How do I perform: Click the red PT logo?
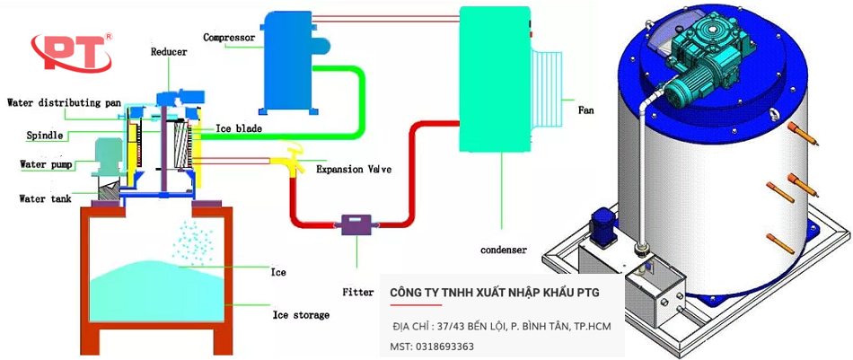pyautogui.click(x=71, y=53)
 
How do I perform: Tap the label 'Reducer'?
pyautogui.click(x=169, y=52)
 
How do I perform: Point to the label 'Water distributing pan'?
pyautogui.click(x=63, y=102)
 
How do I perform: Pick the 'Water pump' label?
pyautogui.click(x=48, y=164)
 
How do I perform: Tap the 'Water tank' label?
pyautogui.click(x=47, y=198)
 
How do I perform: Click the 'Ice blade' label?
pyautogui.click(x=238, y=129)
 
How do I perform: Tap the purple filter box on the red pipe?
pyautogui.click(x=356, y=224)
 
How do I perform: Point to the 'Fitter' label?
pyautogui.click(x=357, y=292)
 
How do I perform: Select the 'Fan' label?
pyautogui.click(x=585, y=110)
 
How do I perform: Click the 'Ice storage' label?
pyautogui.click(x=301, y=315)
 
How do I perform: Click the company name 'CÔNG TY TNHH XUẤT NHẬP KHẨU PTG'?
pyautogui.click(x=494, y=294)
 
